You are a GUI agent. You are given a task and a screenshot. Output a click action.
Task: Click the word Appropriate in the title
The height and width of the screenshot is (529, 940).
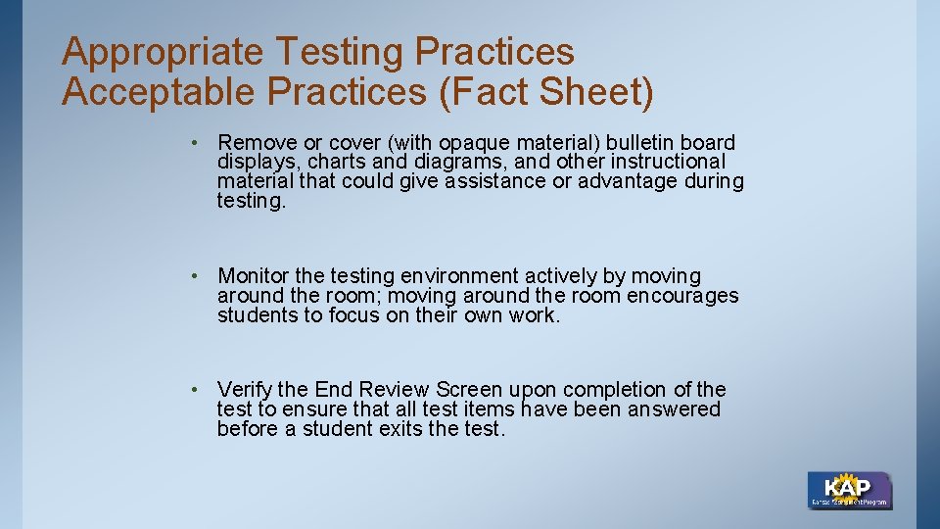coord(163,53)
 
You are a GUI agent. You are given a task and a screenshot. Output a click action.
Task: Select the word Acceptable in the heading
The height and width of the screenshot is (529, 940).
coord(161,93)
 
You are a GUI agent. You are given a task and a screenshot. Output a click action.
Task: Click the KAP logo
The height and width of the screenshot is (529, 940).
coord(849,490)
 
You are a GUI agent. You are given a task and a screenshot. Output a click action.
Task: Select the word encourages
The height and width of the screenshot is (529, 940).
coord(683,296)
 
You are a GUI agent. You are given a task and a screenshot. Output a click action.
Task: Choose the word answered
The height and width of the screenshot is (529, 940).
coord(672,409)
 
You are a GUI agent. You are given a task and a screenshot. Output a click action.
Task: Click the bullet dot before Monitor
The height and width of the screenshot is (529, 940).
coord(198,276)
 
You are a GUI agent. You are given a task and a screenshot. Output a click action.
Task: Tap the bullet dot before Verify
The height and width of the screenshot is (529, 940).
coord(198,390)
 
